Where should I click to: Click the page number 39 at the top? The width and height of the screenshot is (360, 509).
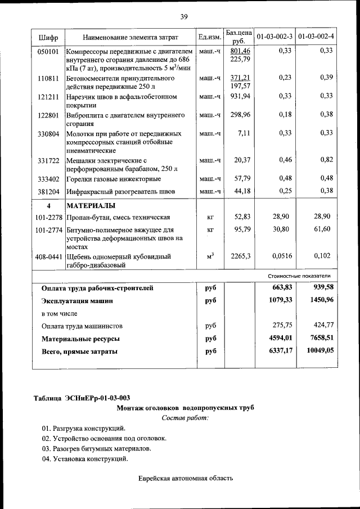pyautogui.click(x=183, y=17)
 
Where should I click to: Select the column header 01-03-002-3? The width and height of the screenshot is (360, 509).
pyautogui.click(x=274, y=37)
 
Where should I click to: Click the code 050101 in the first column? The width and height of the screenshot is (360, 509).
pyautogui.click(x=48, y=51)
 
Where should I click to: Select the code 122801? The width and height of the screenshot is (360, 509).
pyautogui.click(x=48, y=115)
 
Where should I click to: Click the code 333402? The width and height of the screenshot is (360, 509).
pyautogui.click(x=48, y=179)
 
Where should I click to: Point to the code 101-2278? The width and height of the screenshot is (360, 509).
pyautogui.click(x=48, y=217)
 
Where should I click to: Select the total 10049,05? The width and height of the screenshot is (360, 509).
pyautogui.click(x=319, y=351)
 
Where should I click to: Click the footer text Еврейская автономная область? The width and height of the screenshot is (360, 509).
pyautogui.click(x=185, y=479)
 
